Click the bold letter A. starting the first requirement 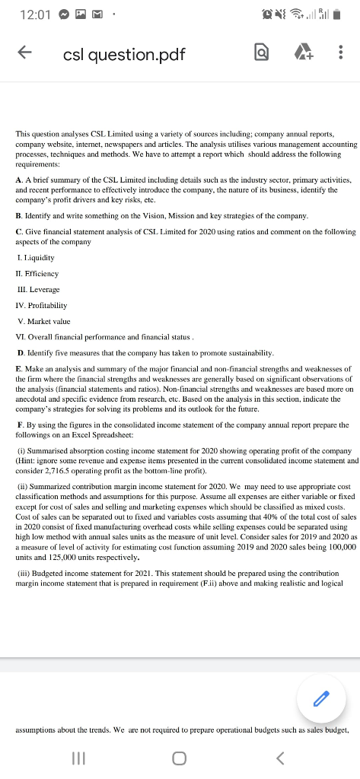[x=19, y=176]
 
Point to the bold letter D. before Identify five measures [x=19, y=353]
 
